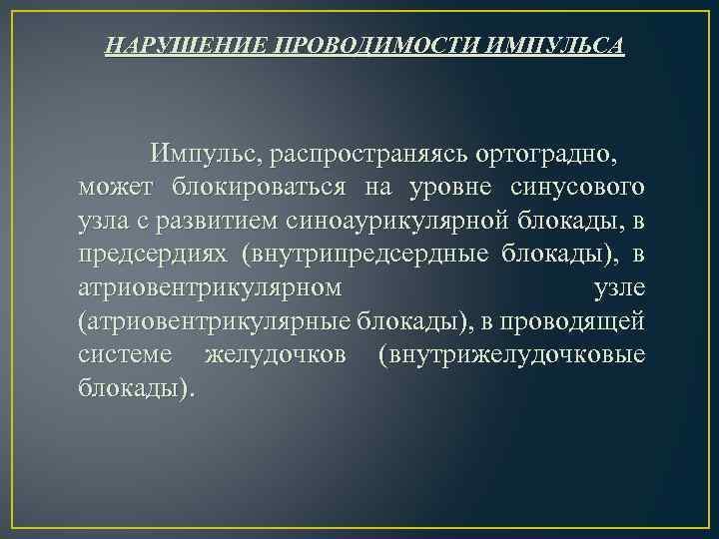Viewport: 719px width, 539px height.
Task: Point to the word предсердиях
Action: (152, 255)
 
